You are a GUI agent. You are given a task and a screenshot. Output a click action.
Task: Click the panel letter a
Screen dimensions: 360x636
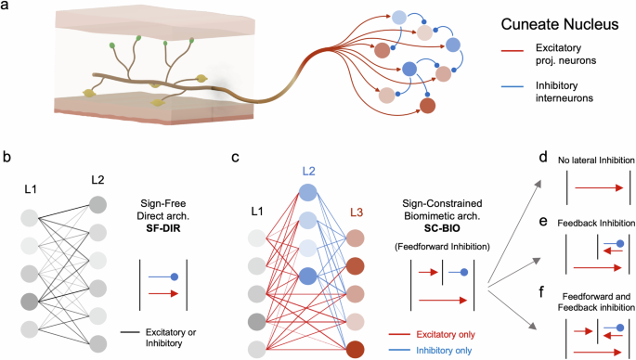[8, 8]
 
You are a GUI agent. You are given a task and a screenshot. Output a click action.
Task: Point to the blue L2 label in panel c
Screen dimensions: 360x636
[308, 173]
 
